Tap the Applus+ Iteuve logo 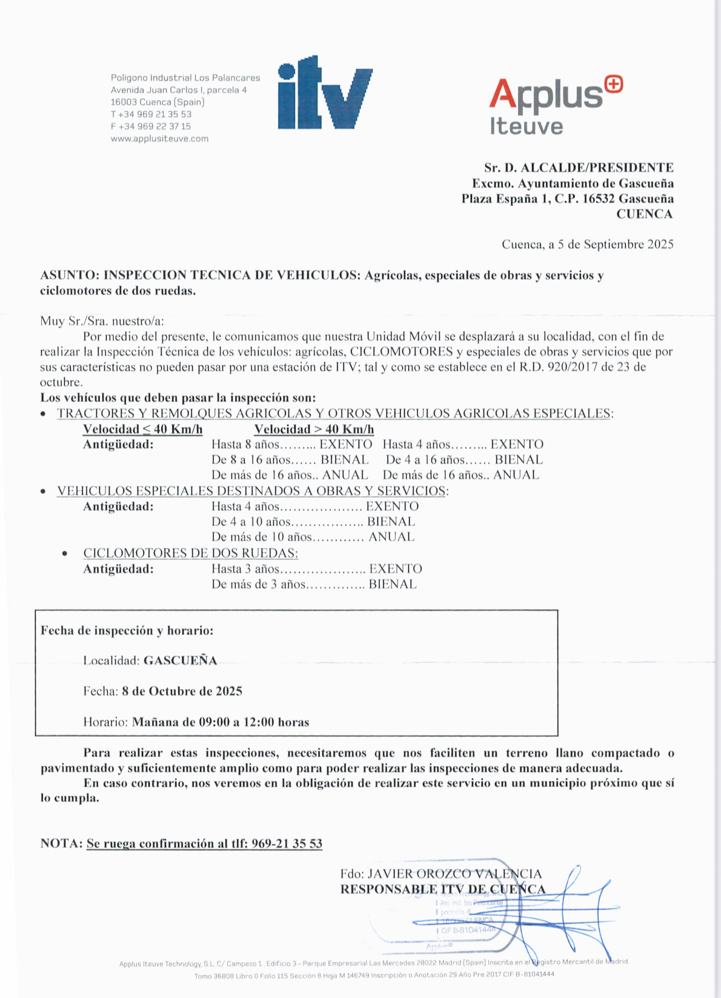tap(555, 105)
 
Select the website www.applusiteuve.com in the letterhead tap(159, 139)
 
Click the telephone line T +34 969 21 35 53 tap(151, 114)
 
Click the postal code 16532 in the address tap(599, 199)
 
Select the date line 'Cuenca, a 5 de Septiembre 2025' tap(587, 244)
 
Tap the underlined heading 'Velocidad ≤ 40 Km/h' tap(142, 429)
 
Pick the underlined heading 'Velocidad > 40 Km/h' tap(314, 429)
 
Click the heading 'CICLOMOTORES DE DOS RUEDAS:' tap(190, 553)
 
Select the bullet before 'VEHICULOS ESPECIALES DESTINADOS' tap(43, 491)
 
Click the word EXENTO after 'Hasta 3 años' tap(396, 568)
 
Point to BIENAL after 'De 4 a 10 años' tap(391, 521)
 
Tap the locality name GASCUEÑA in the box tap(180, 660)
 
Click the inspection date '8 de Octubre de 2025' tap(182, 691)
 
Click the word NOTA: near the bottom tap(61, 843)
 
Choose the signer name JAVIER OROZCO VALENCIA tap(454, 874)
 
